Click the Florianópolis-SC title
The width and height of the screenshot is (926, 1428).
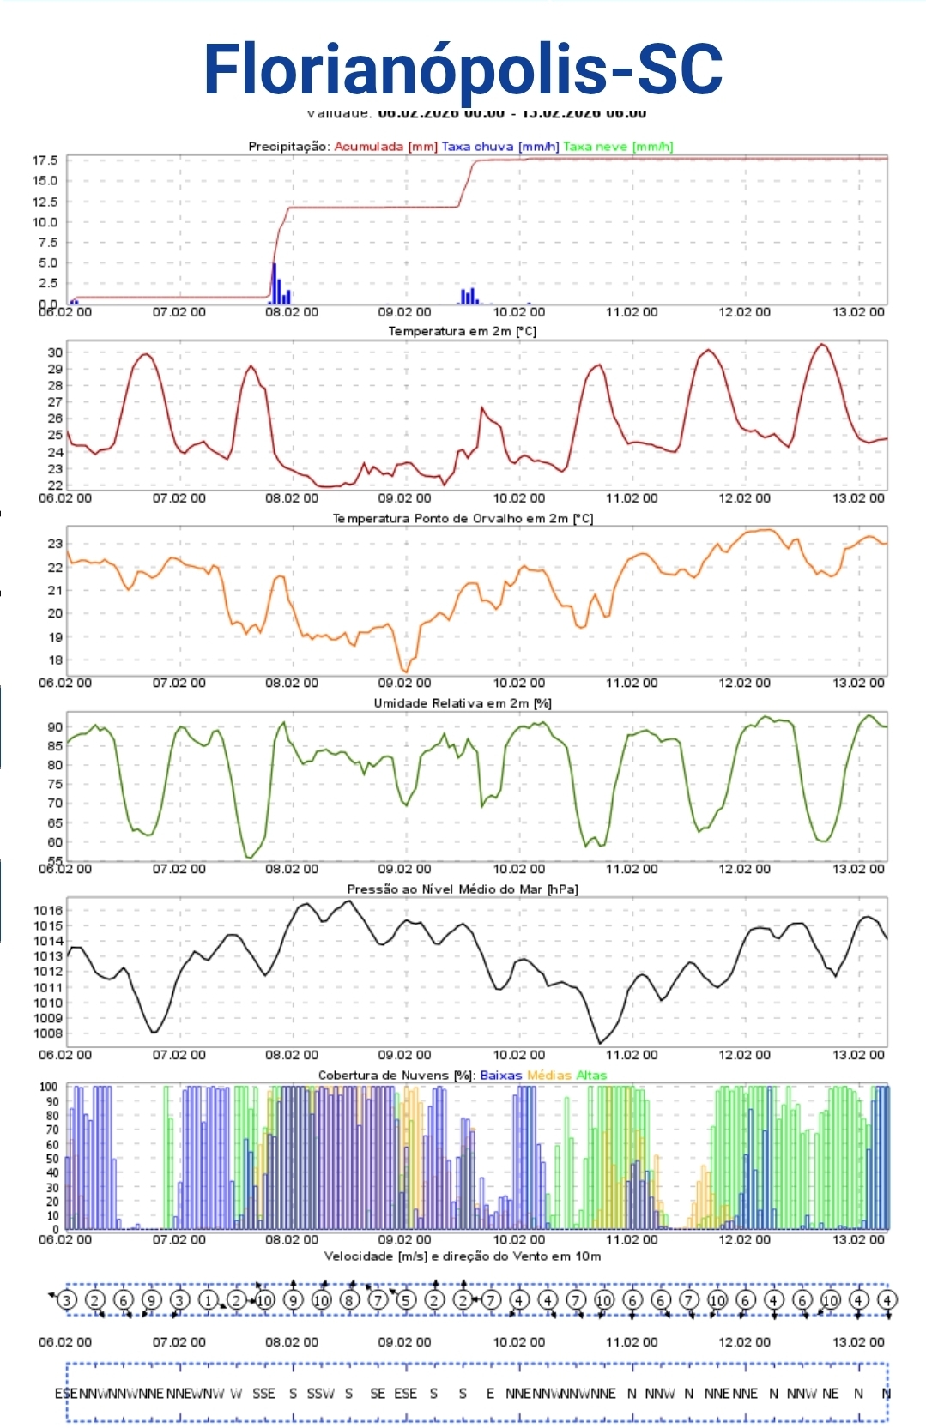pyautogui.click(x=463, y=69)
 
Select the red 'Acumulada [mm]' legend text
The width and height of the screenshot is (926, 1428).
pyautogui.click(x=385, y=147)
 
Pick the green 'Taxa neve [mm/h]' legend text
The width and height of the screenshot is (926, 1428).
pyautogui.click(x=618, y=147)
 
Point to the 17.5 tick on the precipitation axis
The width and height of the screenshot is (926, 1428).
pyautogui.click(x=45, y=160)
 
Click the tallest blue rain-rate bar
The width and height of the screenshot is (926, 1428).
pyautogui.click(x=274, y=283)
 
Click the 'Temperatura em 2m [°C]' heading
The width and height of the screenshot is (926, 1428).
pyautogui.click(x=463, y=332)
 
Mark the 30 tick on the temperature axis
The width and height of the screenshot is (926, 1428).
pyautogui.click(x=55, y=352)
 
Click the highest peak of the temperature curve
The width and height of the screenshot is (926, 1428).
pyautogui.click(x=822, y=345)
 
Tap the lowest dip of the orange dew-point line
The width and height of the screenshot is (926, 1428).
pyautogui.click(x=405, y=671)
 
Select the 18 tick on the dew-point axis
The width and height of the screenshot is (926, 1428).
pyautogui.click(x=55, y=660)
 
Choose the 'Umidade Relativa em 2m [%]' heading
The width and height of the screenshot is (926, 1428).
pyautogui.click(x=463, y=703)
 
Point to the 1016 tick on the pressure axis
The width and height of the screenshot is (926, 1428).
pyautogui.click(x=48, y=911)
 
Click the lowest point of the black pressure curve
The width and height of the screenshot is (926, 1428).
pyautogui.click(x=599, y=1043)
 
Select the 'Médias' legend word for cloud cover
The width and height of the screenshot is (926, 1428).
pyautogui.click(x=548, y=1076)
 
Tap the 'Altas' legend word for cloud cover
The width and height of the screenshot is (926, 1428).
pyautogui.click(x=591, y=1076)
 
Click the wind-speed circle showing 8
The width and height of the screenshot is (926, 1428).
pyautogui.click(x=349, y=1300)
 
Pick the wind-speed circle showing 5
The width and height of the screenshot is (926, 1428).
pyautogui.click(x=406, y=1300)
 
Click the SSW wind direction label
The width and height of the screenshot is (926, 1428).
pyautogui.click(x=320, y=1394)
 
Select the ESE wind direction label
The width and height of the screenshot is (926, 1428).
pyautogui.click(x=405, y=1394)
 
